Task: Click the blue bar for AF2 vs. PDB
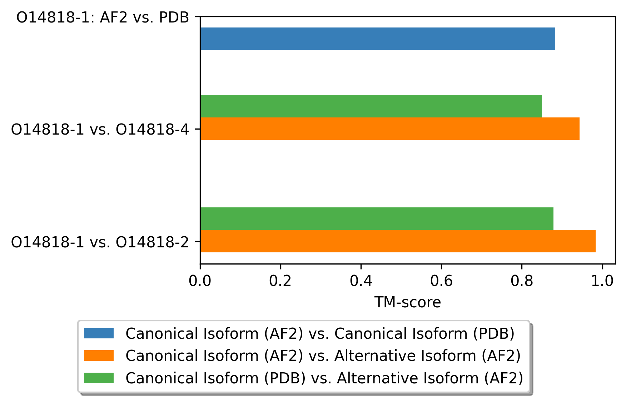click(x=378, y=39)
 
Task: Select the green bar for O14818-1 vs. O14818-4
click(x=371, y=106)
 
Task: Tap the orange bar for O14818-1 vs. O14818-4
click(x=390, y=129)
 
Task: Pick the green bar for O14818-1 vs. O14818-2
click(x=377, y=218)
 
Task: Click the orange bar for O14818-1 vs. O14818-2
click(x=398, y=241)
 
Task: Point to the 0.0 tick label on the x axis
click(x=200, y=281)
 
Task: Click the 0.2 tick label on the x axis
click(x=280, y=281)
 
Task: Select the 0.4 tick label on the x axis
click(x=361, y=281)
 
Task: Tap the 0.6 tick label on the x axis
click(x=441, y=281)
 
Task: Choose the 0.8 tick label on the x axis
click(x=522, y=281)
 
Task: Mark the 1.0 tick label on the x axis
click(x=602, y=281)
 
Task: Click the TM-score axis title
click(x=408, y=302)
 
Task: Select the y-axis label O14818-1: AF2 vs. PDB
click(x=103, y=17)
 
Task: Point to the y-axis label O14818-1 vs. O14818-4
click(x=100, y=129)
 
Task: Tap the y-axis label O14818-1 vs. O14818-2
click(x=100, y=242)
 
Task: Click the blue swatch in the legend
click(x=99, y=333)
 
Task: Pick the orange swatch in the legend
click(x=99, y=356)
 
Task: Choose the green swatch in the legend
click(x=99, y=378)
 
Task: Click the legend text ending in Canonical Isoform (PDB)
click(x=320, y=334)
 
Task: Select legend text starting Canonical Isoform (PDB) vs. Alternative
click(x=324, y=378)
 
